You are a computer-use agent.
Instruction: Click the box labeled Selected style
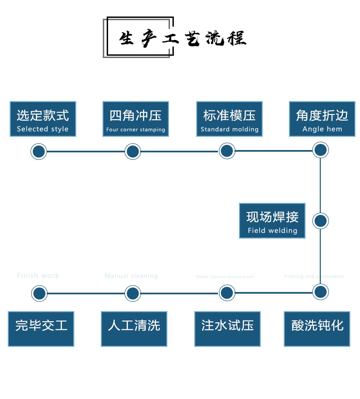click(x=43, y=119)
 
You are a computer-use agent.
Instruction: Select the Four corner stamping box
click(x=136, y=119)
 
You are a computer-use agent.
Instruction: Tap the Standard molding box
click(x=229, y=119)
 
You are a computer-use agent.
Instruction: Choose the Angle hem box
click(x=322, y=119)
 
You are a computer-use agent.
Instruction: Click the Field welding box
click(x=272, y=221)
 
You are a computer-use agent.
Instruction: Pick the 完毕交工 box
click(x=41, y=329)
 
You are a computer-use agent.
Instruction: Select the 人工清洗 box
click(x=134, y=329)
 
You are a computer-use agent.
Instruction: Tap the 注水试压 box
click(x=227, y=329)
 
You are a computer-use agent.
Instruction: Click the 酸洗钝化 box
click(x=317, y=329)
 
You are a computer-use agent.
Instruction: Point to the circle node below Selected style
click(x=39, y=151)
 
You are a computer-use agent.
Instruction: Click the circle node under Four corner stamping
click(x=133, y=151)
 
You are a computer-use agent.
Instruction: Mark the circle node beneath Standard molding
click(x=227, y=151)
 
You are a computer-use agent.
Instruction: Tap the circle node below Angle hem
click(x=320, y=150)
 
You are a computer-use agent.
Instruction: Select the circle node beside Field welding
click(x=320, y=221)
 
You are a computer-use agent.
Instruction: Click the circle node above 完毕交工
click(x=39, y=293)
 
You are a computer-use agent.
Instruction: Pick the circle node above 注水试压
click(x=227, y=293)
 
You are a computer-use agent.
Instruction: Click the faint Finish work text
click(x=38, y=276)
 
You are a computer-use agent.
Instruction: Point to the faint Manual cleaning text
click(x=131, y=276)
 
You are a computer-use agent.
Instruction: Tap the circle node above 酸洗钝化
click(x=320, y=292)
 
